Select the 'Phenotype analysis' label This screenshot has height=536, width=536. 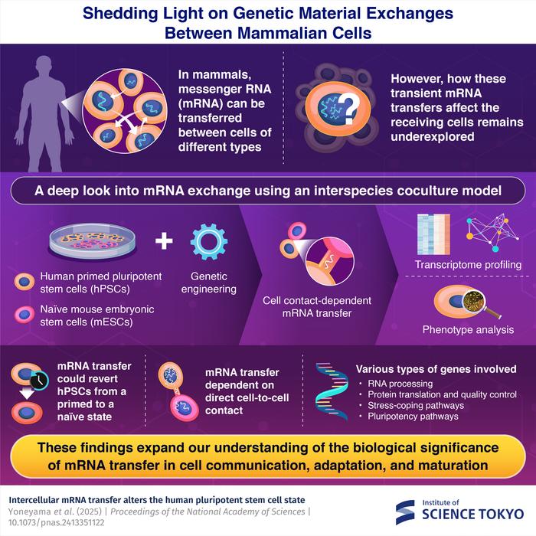click(x=468, y=330)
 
